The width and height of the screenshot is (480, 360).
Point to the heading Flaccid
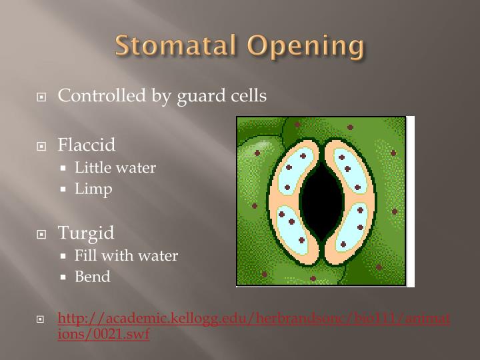click(x=87, y=145)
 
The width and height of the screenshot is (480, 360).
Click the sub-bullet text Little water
click(x=115, y=167)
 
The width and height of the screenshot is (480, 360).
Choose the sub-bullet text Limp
click(x=93, y=189)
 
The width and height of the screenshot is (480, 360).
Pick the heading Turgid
click(x=86, y=233)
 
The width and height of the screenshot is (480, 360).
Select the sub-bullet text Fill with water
click(x=126, y=255)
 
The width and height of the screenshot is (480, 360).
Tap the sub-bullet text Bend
click(x=93, y=277)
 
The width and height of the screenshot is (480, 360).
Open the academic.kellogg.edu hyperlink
click(x=253, y=326)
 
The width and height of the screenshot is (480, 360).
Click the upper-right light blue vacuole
click(x=350, y=171)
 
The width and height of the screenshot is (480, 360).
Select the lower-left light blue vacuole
click(x=292, y=227)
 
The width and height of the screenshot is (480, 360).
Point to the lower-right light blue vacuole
click(x=351, y=227)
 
